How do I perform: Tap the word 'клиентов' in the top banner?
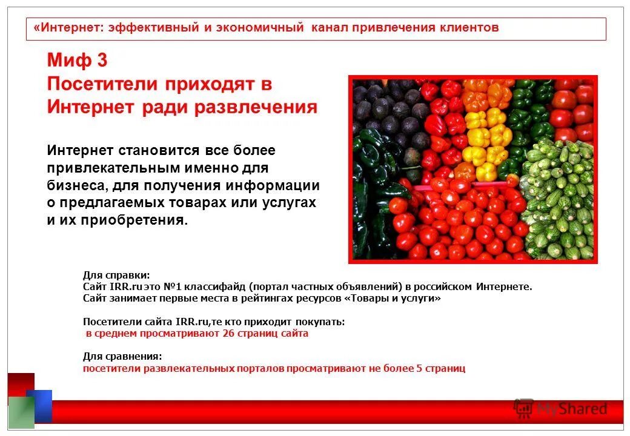(470, 28)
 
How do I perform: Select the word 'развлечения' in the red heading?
(256, 107)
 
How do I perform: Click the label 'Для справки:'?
(116, 276)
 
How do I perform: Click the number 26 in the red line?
(228, 334)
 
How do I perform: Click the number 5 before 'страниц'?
(419, 368)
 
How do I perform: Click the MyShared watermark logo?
(560, 409)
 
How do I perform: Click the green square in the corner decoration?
(21, 412)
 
